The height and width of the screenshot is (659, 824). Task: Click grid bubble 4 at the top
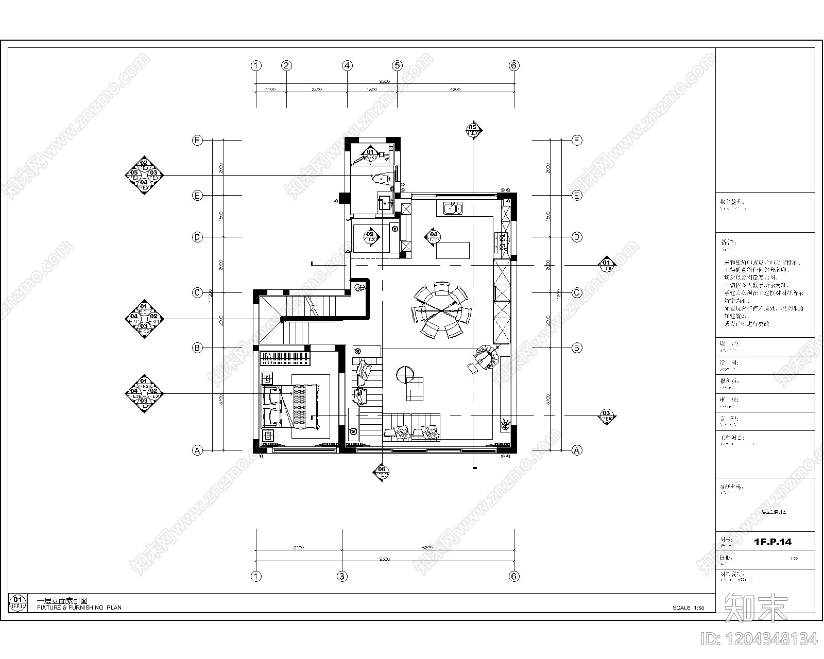347,65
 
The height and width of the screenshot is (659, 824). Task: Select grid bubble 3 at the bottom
342,576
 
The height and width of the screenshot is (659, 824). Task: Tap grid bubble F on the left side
197,140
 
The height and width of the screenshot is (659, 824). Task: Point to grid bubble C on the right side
577,292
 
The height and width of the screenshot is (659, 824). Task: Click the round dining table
441,310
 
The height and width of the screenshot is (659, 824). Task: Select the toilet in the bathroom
380,178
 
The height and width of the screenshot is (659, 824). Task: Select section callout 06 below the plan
382,471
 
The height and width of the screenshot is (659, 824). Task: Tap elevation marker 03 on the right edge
607,416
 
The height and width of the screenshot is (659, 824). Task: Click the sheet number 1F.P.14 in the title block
772,542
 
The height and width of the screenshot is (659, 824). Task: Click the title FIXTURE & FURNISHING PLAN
79,608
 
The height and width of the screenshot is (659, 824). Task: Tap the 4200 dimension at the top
455,90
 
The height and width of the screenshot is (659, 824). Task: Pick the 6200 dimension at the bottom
427,548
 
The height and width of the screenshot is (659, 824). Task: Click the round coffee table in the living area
405,373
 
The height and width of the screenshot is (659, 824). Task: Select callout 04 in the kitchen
434,237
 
